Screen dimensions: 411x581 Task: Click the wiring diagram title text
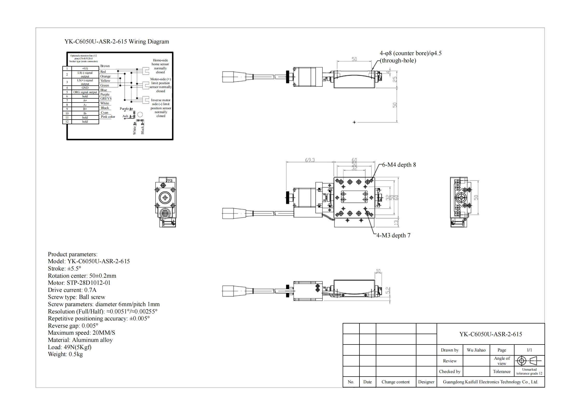(116, 42)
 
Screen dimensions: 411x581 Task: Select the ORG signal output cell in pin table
(85, 92)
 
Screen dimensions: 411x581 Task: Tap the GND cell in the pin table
(85, 88)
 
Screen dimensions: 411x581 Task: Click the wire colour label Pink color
(108, 117)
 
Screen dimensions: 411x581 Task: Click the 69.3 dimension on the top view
(310, 160)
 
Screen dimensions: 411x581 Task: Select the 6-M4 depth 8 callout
(399, 165)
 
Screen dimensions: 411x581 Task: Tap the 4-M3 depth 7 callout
(393, 236)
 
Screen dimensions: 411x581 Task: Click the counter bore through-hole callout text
(410, 57)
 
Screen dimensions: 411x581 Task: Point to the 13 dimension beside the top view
(396, 223)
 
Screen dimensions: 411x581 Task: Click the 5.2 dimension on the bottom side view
(388, 290)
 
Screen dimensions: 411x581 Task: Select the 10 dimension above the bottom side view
(378, 271)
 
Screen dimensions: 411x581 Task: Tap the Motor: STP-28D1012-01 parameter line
(79, 283)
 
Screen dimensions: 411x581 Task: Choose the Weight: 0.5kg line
(65, 354)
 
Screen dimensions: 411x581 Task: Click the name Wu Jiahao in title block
(476, 350)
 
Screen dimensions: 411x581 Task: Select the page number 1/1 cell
(529, 350)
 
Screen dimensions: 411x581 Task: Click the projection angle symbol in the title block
(529, 361)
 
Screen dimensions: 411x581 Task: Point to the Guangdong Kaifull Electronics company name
(490, 382)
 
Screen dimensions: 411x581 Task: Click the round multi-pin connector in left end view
(165, 214)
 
